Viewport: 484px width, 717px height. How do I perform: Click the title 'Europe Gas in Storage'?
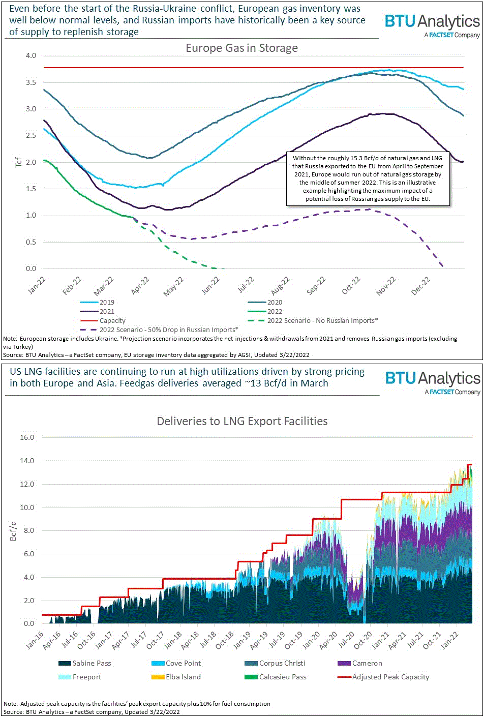point(241,48)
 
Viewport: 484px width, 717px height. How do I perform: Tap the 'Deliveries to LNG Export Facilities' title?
point(242,421)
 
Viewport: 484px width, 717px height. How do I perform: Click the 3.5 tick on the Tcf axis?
point(31,82)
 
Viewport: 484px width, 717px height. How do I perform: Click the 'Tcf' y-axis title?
point(19,162)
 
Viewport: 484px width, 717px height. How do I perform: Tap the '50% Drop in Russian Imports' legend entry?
point(168,330)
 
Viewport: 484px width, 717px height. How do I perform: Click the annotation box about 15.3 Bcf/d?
point(368,178)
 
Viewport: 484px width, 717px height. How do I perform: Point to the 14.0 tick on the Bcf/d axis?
point(27,461)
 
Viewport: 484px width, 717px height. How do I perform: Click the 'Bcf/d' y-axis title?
point(14,530)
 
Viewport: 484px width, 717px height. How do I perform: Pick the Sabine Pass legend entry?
point(92,664)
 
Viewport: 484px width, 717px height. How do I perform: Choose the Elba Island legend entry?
point(183,677)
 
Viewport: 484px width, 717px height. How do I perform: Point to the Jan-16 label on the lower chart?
point(35,640)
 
